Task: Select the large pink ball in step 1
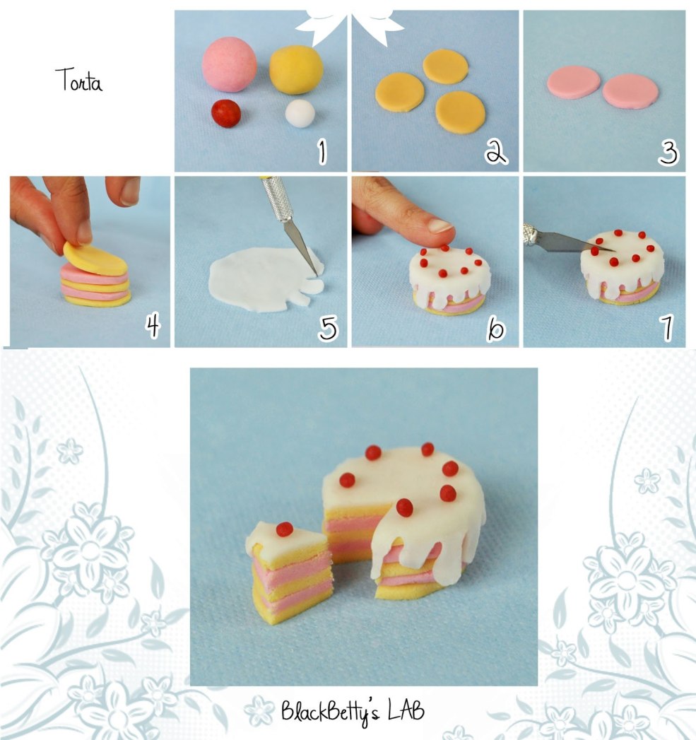[229, 64]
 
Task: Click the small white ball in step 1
[300, 112]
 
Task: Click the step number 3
[668, 151]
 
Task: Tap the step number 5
[328, 327]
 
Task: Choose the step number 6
[497, 327]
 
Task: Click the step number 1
[322, 151]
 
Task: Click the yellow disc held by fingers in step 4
[95, 258]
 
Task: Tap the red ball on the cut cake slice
[285, 529]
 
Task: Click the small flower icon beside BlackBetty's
[262, 709]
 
